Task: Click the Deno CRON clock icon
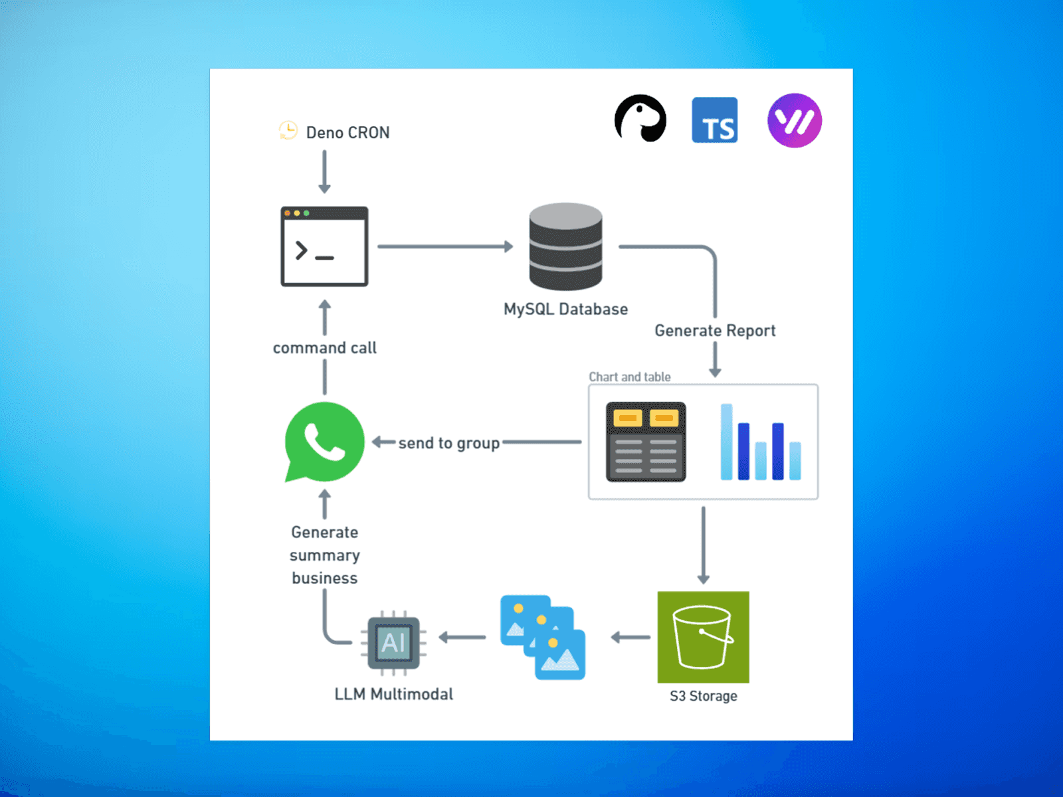click(288, 131)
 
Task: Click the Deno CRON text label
click(347, 133)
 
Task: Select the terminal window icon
click(324, 246)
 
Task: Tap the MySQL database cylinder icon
click(565, 246)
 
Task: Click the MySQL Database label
click(565, 310)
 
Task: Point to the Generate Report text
click(715, 331)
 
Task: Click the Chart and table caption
click(629, 377)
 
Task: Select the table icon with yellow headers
click(645, 442)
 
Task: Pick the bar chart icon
click(761, 442)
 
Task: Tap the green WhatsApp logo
click(324, 442)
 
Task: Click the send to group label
click(448, 443)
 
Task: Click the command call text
click(324, 348)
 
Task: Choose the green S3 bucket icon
click(703, 637)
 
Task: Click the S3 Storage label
click(703, 696)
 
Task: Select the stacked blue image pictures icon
click(543, 637)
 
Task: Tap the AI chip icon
click(393, 642)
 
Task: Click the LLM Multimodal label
click(393, 694)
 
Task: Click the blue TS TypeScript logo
click(714, 120)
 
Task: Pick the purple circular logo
click(795, 120)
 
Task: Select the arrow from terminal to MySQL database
click(445, 246)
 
